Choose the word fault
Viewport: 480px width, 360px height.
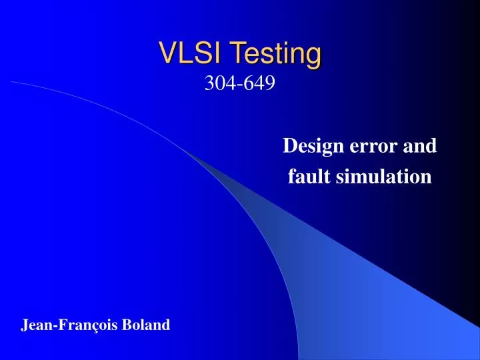point(306,177)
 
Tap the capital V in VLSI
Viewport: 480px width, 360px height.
point(166,53)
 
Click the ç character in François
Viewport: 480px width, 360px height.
point(97,326)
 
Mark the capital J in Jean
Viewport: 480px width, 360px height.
point(25,325)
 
